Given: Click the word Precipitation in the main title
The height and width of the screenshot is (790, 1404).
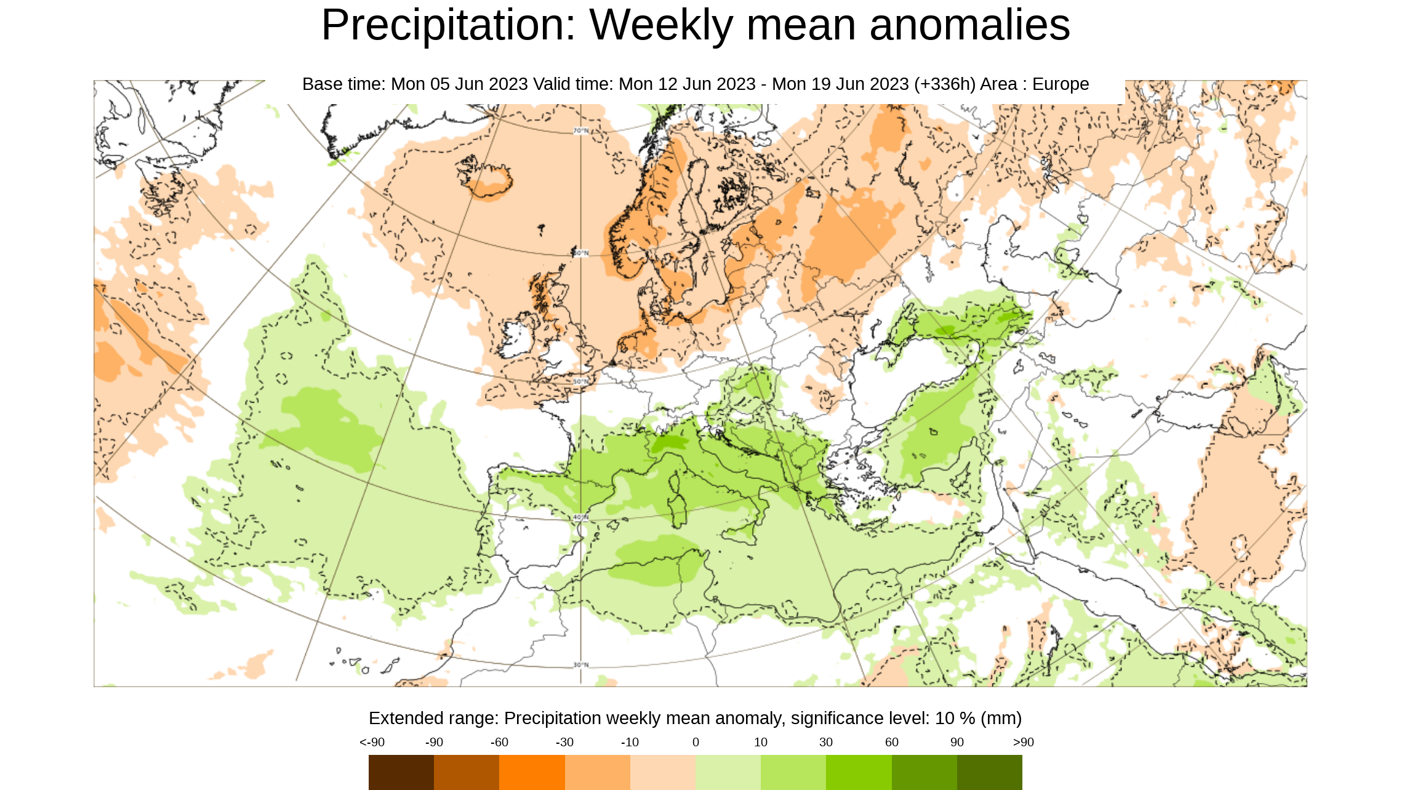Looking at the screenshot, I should (449, 26).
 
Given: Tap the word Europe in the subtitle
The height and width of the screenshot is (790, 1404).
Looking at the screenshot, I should (1061, 84).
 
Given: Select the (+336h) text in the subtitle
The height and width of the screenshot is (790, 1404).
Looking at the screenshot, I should (945, 84).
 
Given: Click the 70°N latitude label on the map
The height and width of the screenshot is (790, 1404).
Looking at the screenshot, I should (580, 131).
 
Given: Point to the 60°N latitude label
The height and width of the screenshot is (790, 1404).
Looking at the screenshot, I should (580, 253).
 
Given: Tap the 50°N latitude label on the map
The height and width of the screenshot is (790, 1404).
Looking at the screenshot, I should (580, 382).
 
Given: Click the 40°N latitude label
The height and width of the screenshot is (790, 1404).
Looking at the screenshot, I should (580, 517).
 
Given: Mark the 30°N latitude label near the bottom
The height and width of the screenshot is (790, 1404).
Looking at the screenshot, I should (580, 664).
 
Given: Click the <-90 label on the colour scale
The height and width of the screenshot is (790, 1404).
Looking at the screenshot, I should (372, 742).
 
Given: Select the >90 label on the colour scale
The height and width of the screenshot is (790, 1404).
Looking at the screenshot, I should (1023, 742).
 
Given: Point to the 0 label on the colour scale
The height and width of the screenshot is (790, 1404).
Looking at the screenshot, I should (696, 742).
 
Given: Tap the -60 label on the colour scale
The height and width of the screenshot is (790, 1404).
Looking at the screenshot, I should (499, 742).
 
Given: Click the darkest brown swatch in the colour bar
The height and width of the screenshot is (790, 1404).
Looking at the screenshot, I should (401, 772).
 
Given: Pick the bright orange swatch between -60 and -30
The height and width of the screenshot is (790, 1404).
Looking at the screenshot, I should (532, 772).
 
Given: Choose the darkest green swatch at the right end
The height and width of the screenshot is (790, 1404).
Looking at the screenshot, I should (990, 772).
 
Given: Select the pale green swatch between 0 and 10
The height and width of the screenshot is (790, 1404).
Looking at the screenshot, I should (728, 772).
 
